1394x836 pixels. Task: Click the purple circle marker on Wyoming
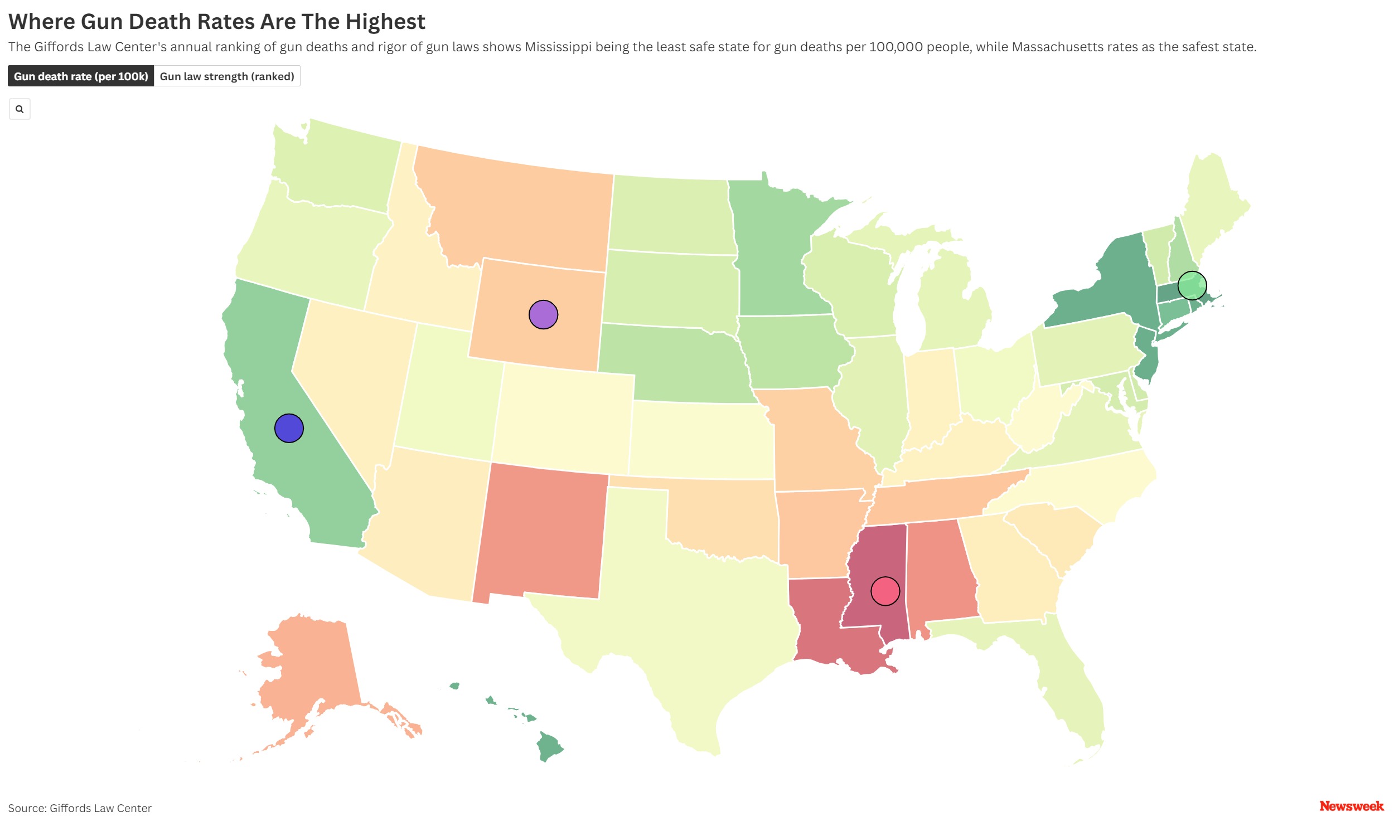pyautogui.click(x=543, y=314)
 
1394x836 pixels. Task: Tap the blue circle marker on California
pyautogui.click(x=288, y=428)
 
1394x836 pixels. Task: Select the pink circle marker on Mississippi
pyautogui.click(x=884, y=591)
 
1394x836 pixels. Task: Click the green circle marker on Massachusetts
pyautogui.click(x=1191, y=285)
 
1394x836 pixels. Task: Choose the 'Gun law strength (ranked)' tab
pyautogui.click(x=226, y=76)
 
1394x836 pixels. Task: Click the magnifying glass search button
pyautogui.click(x=20, y=109)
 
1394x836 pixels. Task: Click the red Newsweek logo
pyautogui.click(x=1351, y=805)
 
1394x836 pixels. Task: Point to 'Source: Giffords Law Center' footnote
pyautogui.click(x=79, y=808)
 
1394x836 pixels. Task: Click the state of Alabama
pyautogui.click(x=938, y=575)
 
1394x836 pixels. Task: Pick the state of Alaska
pyautogui.click(x=310, y=670)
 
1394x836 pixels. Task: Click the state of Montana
pyautogui.click(x=519, y=208)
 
